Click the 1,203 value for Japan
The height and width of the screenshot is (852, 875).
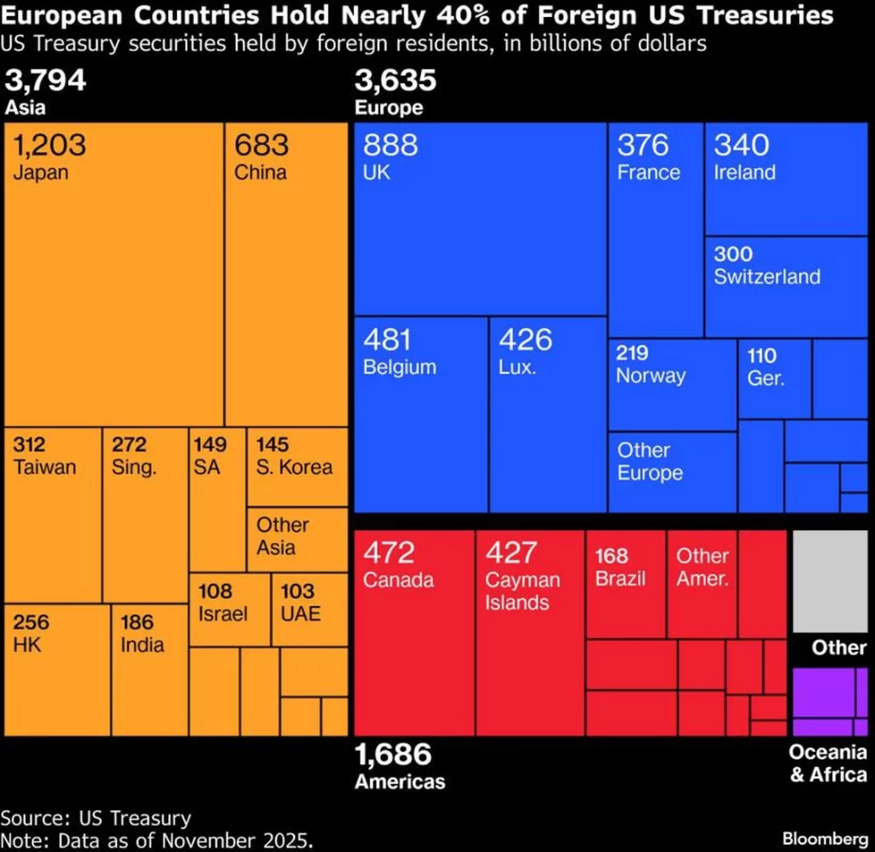[x=50, y=145]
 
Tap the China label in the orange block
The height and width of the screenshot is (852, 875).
[x=261, y=172]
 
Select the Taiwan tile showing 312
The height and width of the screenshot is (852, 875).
[x=52, y=512]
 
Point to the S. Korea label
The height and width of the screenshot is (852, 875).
[x=294, y=468]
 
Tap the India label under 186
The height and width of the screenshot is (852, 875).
[x=142, y=645]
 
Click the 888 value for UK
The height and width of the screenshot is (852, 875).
[x=391, y=145]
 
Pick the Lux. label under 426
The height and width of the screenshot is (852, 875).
[x=517, y=368]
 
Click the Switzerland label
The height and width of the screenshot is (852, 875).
[x=766, y=277]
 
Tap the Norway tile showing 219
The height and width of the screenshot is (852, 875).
[x=672, y=384]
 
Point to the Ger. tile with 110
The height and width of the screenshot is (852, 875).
[x=773, y=377]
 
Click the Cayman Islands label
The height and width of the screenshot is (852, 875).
[x=522, y=592]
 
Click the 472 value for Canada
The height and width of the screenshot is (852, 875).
[x=389, y=552]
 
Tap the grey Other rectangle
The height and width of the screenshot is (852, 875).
[x=829, y=581]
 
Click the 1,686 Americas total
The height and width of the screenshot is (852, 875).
[x=393, y=755]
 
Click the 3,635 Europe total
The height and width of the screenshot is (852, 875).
[x=395, y=81]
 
